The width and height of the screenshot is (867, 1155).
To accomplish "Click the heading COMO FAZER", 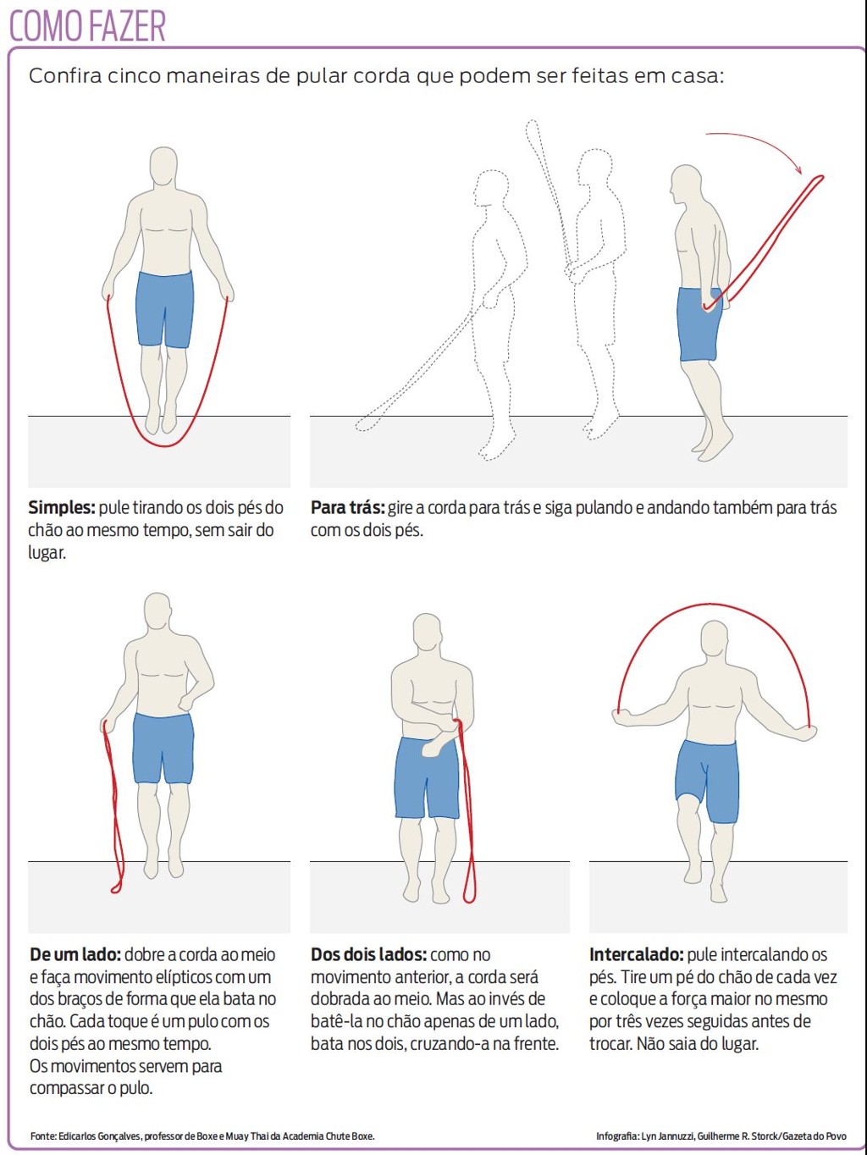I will pyautogui.click(x=87, y=25).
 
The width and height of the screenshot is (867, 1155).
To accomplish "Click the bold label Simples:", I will pyautogui.click(x=61, y=508).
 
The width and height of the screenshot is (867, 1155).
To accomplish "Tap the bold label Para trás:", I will pyautogui.click(x=347, y=508).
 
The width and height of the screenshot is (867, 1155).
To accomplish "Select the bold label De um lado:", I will pyautogui.click(x=75, y=955).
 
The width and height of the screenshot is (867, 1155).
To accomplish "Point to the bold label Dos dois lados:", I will pyautogui.click(x=368, y=955).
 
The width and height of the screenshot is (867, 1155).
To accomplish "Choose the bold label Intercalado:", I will pyautogui.click(x=636, y=955).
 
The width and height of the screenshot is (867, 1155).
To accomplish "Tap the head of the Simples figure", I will pyautogui.click(x=163, y=167).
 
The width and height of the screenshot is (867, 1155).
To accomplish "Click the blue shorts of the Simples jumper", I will pyautogui.click(x=165, y=309).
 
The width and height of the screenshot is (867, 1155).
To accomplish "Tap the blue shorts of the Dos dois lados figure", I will pyautogui.click(x=428, y=777).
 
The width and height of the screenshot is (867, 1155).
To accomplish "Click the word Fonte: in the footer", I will pyautogui.click(x=43, y=1136).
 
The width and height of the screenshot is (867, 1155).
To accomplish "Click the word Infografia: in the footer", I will pyautogui.click(x=617, y=1136).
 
